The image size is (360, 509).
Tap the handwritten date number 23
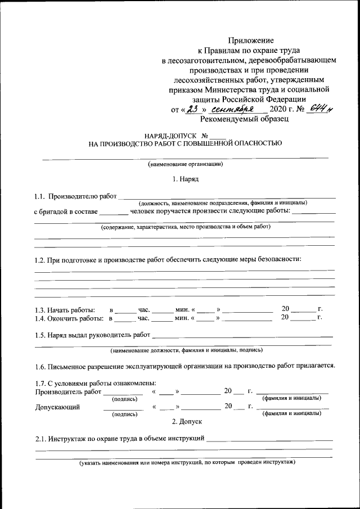[x=194, y=109]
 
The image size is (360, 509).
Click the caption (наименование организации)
[x=185, y=165]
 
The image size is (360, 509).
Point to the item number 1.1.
[x=39, y=196]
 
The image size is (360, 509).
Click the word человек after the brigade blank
[x=146, y=211]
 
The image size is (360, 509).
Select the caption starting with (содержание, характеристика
[x=186, y=227]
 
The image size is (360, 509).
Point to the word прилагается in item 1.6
[x=313, y=365]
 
